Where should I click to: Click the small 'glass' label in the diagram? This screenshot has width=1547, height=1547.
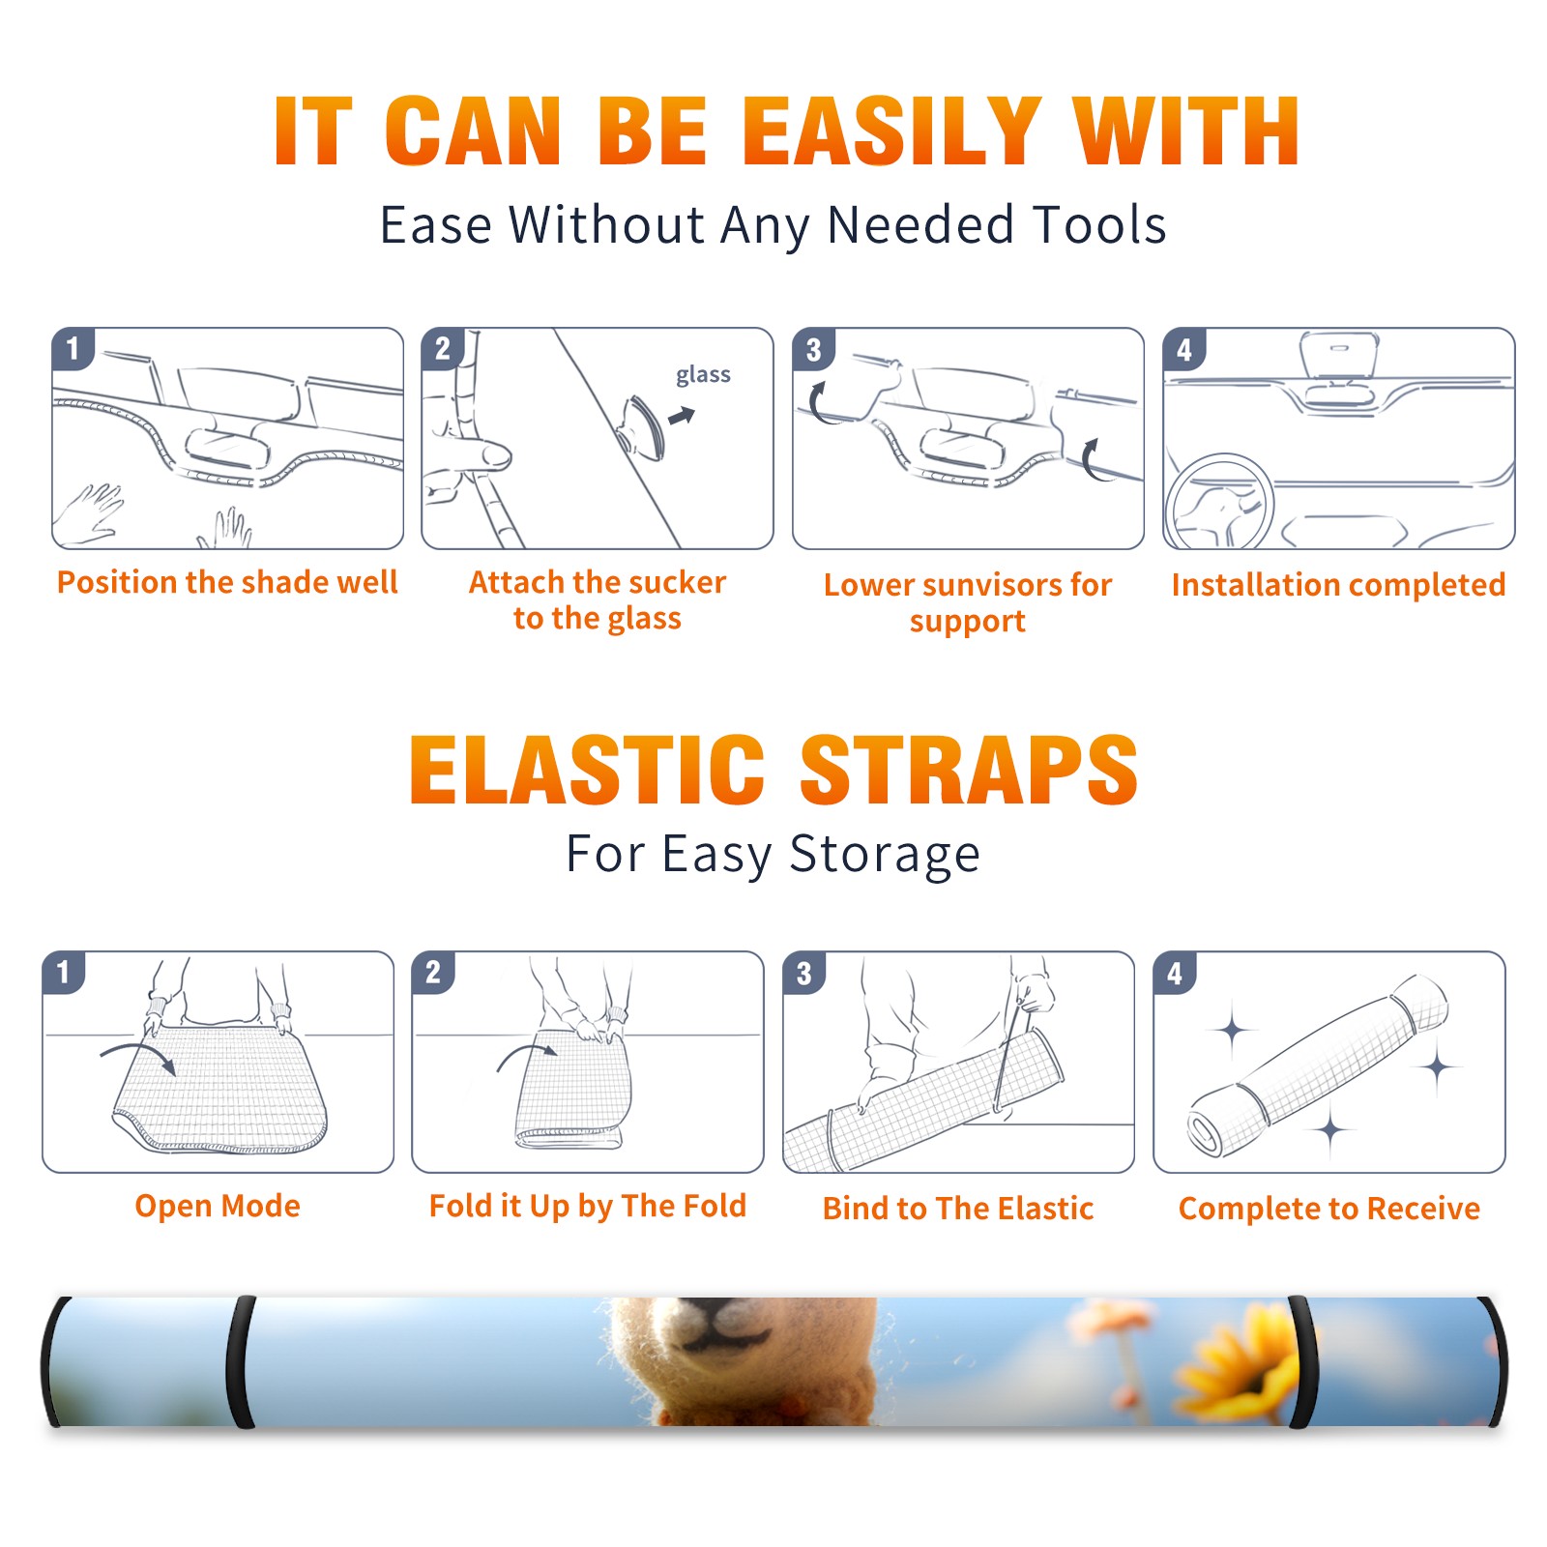click(x=703, y=375)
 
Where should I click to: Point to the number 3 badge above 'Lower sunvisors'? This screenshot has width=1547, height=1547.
click(x=813, y=349)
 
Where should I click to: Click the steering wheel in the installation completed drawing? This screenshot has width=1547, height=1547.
click(x=1219, y=503)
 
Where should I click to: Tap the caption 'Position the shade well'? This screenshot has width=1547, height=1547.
click(x=227, y=582)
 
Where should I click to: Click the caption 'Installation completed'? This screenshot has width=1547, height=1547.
click(x=1338, y=584)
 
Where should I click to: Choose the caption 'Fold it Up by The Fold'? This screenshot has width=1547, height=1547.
click(x=588, y=1206)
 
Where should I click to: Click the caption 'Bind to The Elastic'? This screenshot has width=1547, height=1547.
click(x=958, y=1208)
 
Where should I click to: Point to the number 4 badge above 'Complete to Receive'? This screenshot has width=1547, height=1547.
click(x=1175, y=973)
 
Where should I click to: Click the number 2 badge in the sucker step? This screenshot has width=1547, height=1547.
click(x=443, y=349)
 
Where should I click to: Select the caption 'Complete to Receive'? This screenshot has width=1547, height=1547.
click(x=1329, y=1208)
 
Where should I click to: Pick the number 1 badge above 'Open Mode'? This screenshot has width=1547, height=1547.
click(x=64, y=973)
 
